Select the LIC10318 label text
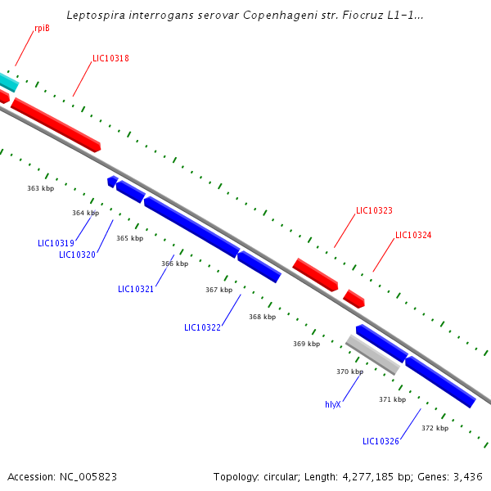pos(110,59)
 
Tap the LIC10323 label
pos(374,210)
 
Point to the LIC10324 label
pos(413,235)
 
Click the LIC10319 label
pos(56,243)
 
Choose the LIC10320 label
pos(77,255)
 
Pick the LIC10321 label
pos(136,289)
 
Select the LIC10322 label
pos(202,327)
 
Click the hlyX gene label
pos(332,404)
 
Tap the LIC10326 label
pos(381,442)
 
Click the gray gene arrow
pos(372,354)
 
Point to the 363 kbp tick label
pos(40,188)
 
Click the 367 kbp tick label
pos(218,290)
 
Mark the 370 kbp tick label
pos(349,372)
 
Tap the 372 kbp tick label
pos(435,428)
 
